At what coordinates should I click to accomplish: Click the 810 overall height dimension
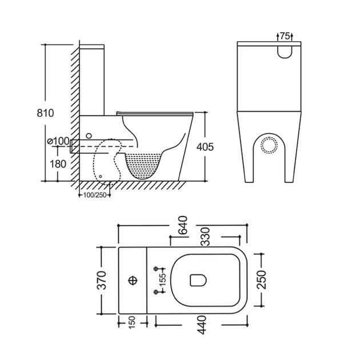45,113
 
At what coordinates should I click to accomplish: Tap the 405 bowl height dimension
205,147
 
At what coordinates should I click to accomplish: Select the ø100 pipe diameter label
58,141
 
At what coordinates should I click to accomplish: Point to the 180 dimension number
58,164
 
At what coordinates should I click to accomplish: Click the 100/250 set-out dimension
95,195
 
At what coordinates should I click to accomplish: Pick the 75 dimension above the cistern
285,36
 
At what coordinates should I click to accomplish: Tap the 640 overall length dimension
183,225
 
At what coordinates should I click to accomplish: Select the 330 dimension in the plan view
205,237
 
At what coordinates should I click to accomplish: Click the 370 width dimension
102,280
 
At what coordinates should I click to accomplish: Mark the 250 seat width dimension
261,279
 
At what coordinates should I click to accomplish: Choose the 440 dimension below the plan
201,325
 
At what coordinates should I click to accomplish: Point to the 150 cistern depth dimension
132,323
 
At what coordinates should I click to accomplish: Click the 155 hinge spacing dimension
162,280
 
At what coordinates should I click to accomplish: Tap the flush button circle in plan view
133,281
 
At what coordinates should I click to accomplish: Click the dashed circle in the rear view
269,145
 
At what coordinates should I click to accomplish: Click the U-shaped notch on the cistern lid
285,52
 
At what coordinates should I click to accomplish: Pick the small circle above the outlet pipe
89,136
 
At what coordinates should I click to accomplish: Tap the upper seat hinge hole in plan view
155,269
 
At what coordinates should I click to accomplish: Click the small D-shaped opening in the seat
198,281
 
